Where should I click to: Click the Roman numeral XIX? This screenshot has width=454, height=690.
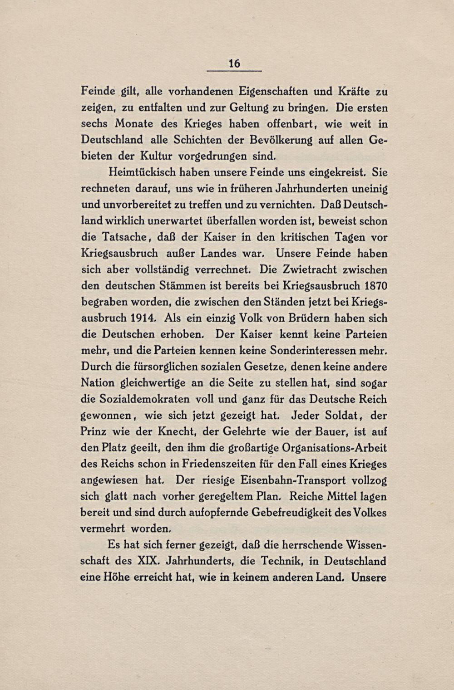pos(148,561)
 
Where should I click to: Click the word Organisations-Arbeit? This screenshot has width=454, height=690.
pos(335,448)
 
